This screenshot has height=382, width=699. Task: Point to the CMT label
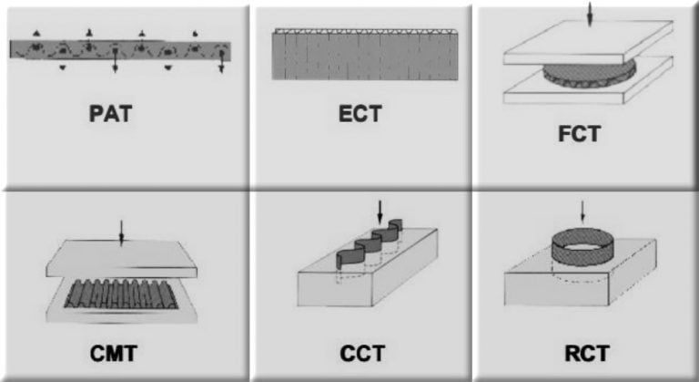pos(120,351)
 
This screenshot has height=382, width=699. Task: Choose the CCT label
pos(362,351)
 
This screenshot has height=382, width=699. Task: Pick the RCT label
pos(584,351)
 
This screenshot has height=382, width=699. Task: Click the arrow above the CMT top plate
pos(120,233)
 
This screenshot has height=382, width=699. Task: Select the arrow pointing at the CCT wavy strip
pos(380,215)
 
